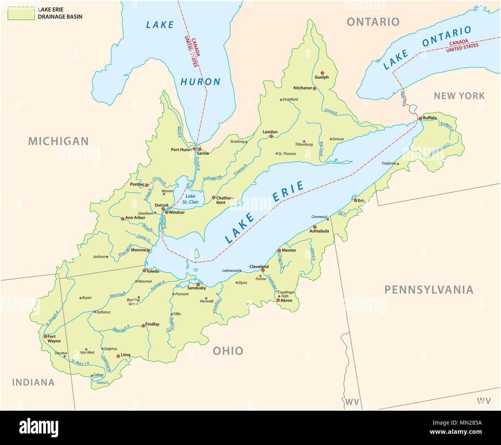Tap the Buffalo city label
[x=430, y=118]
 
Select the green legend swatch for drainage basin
[x=21, y=13]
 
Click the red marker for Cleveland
[x=263, y=270]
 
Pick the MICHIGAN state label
[x=58, y=141]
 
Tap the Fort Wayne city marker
[x=45, y=336]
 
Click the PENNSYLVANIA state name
[x=429, y=290]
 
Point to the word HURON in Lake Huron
[x=200, y=82]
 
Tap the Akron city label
[x=286, y=300]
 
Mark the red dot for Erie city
[x=355, y=200]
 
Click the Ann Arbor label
[x=135, y=218]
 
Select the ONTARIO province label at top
[x=373, y=22]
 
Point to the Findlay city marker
[x=143, y=326]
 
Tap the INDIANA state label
[x=33, y=382]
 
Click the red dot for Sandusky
[x=198, y=284]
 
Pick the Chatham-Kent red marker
[x=214, y=197]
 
